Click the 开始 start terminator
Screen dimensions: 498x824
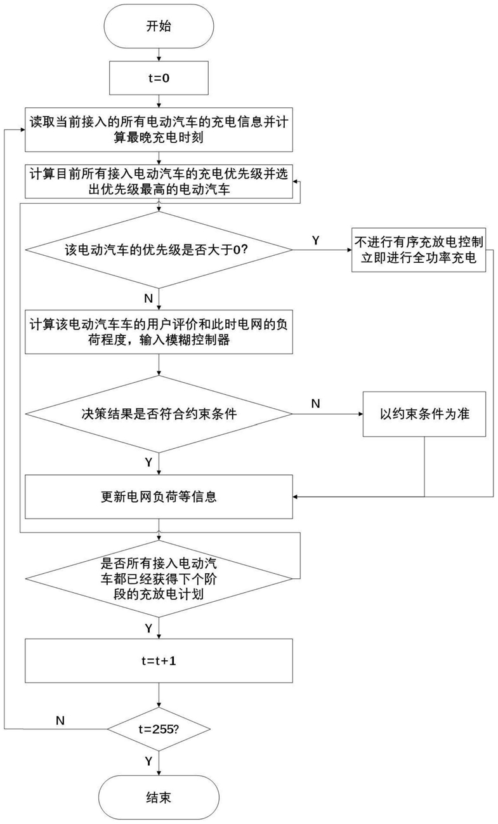tap(159, 26)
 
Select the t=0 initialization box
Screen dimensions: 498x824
tap(159, 78)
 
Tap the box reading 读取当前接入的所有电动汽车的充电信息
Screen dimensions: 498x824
tap(159, 130)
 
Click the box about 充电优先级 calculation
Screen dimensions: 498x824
tap(159, 182)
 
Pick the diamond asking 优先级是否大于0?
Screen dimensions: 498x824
tap(159, 249)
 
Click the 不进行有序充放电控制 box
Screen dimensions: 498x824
tap(419, 249)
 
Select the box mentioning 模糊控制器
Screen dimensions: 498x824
tap(159, 332)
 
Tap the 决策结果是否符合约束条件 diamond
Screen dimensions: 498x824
tap(159, 414)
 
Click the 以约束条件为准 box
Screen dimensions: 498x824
tap(424, 414)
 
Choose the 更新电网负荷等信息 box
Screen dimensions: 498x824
tap(159, 496)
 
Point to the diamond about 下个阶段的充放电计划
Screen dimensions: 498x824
tap(159, 578)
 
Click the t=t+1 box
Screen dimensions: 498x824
tap(159, 661)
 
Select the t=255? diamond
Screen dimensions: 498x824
tap(159, 729)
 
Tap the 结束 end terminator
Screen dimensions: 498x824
tap(159, 797)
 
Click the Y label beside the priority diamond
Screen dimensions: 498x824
tap(316, 240)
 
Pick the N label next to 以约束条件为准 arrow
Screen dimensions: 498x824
tap(316, 404)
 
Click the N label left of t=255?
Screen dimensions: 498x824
tap(60, 721)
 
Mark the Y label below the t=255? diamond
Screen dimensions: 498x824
tap(148, 761)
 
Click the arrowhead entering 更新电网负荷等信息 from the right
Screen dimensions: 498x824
tap(296, 496)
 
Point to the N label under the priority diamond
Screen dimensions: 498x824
tap(148, 298)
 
